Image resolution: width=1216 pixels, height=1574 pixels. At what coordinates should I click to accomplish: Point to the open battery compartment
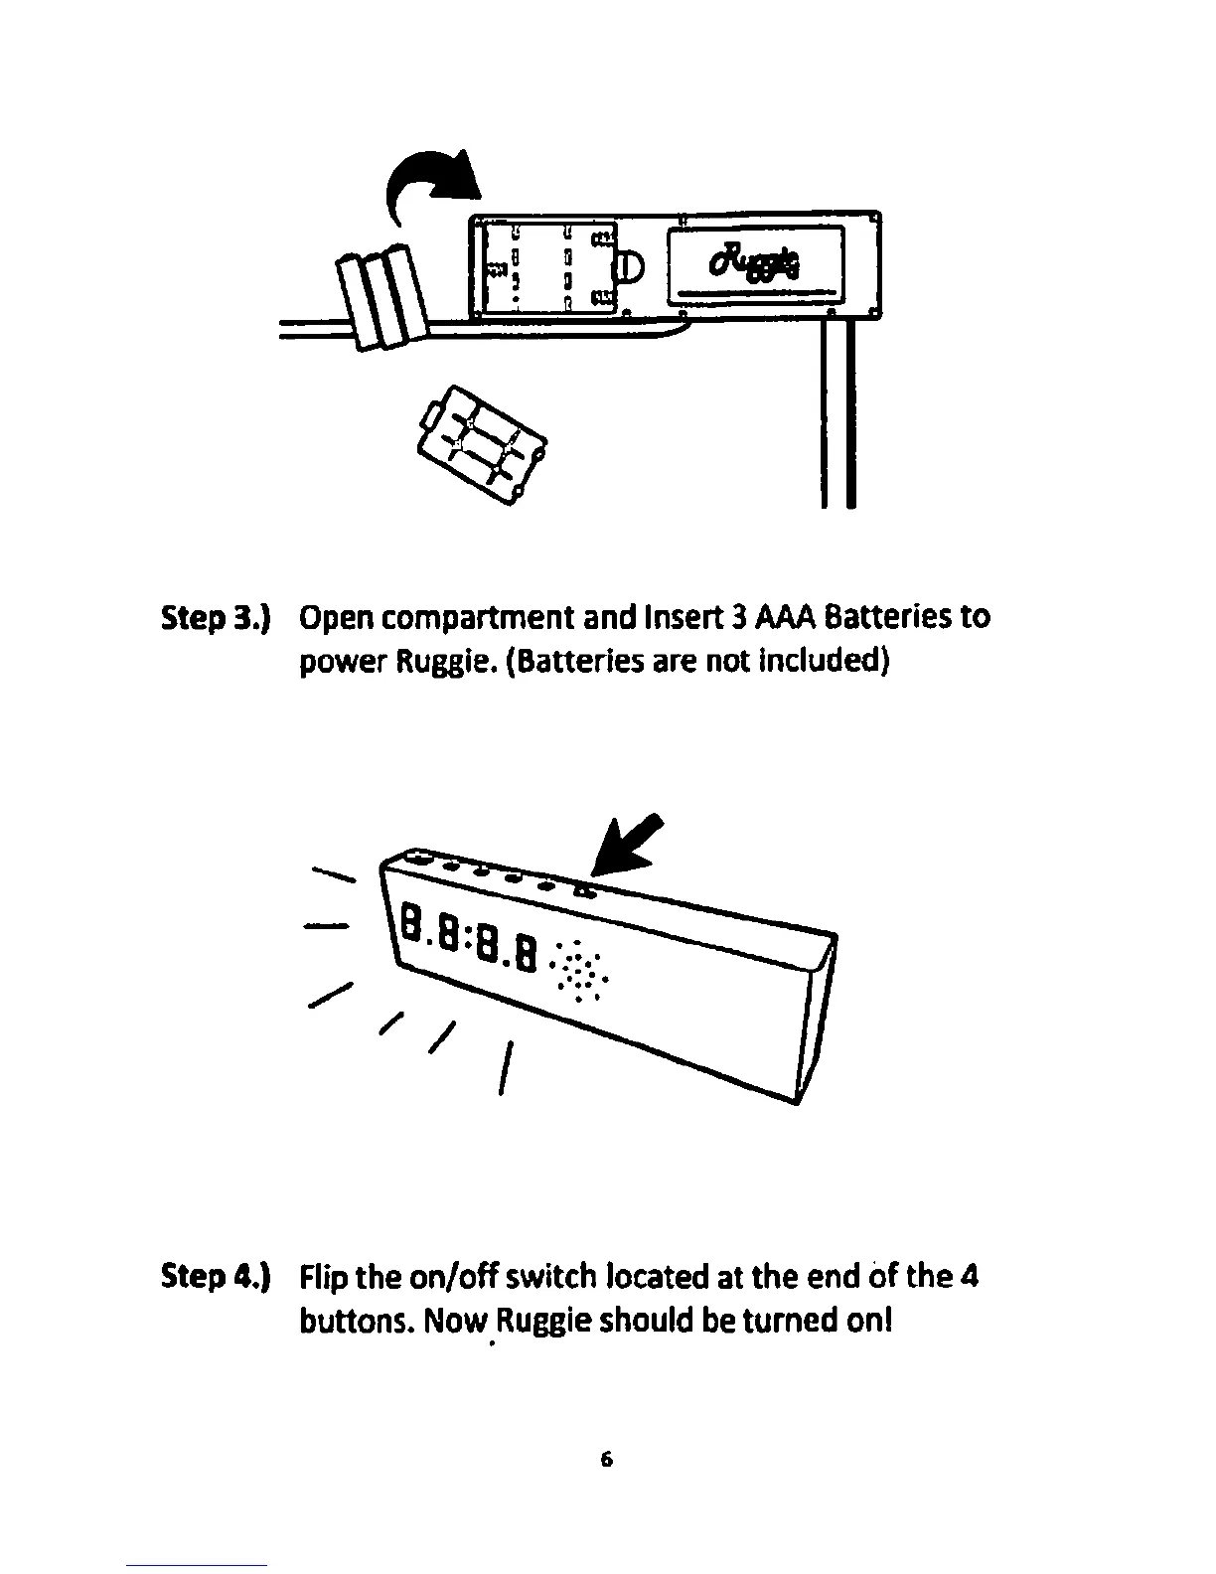pos(547,267)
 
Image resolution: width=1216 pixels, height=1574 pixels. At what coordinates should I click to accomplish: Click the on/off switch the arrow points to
pos(583,890)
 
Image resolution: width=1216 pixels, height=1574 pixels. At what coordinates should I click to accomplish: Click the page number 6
pos(607,1460)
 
